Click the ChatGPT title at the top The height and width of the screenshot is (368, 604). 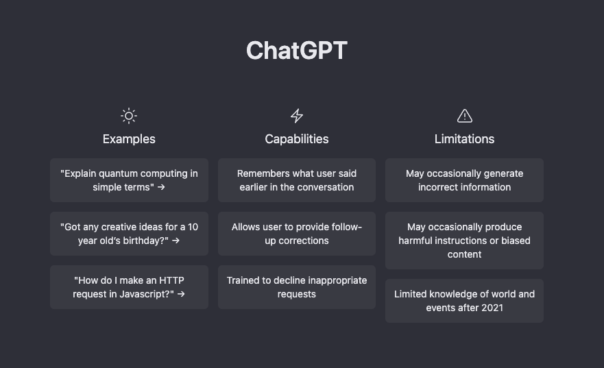296,51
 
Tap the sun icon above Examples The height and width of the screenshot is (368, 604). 129,116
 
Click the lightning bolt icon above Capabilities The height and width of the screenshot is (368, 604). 297,116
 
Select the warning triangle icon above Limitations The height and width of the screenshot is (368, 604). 464,116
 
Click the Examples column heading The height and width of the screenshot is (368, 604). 129,139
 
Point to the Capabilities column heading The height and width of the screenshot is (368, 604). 297,139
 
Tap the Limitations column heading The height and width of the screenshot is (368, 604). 464,139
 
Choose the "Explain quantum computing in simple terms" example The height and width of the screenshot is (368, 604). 129,180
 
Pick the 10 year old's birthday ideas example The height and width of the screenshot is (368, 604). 129,234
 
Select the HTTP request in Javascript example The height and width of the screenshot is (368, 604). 129,287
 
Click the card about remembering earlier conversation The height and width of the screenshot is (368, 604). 297,180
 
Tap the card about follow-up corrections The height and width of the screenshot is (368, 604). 297,234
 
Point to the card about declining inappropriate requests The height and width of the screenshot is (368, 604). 297,287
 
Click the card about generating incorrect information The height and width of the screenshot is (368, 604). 464,180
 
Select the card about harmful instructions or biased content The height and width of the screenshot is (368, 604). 464,241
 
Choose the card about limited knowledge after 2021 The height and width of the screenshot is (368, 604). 464,301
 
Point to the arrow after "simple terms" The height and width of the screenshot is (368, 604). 161,187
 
